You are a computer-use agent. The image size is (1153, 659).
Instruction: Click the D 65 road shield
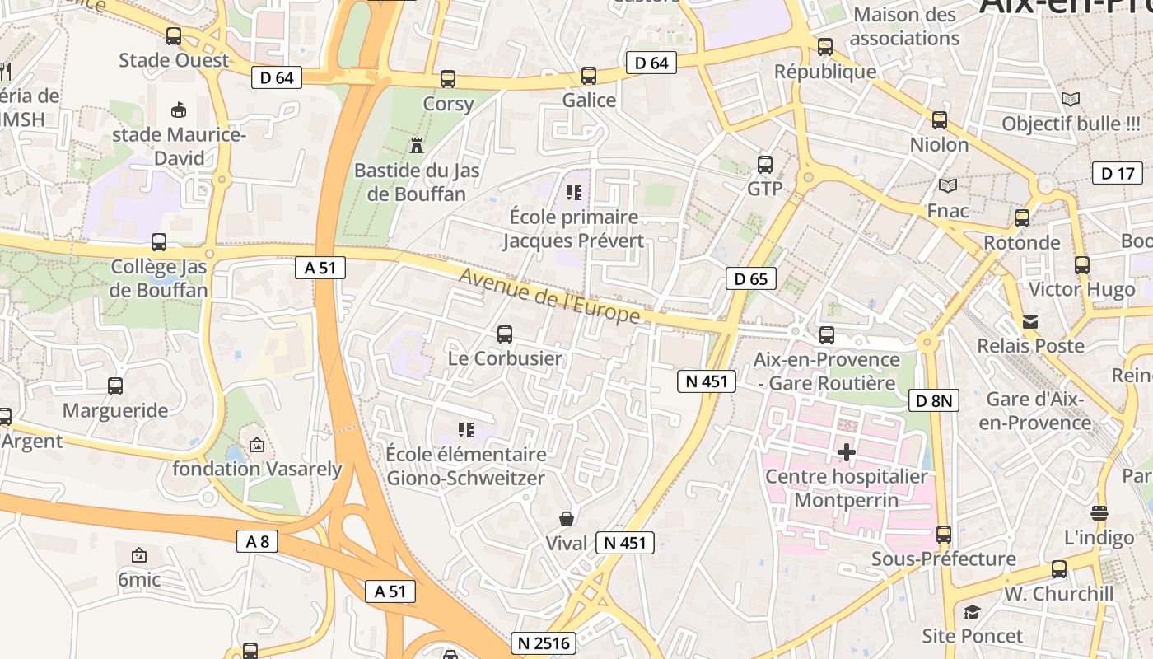750,278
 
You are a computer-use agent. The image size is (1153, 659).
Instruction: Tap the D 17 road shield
1117,173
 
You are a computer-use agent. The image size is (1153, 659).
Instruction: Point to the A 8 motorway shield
257,541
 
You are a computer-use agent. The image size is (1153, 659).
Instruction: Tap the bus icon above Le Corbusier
505,334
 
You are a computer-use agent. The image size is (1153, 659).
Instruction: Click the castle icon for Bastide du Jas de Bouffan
417,146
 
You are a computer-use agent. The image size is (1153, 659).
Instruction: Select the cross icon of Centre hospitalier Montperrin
846,451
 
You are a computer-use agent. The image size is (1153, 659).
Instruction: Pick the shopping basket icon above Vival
567,519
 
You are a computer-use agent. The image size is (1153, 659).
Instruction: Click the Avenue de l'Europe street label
549,297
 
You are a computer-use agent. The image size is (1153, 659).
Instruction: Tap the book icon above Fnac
948,186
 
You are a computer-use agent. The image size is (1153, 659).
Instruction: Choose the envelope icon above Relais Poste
1030,321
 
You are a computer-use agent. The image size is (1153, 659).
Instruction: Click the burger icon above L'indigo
1099,513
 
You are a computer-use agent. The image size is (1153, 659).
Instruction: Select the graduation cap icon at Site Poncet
972,612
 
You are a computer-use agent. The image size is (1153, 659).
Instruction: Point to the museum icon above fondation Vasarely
257,445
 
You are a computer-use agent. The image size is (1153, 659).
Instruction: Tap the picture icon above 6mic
139,555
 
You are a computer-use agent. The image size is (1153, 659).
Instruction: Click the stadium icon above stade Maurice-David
178,110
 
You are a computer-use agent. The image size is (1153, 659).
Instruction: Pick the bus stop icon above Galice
589,76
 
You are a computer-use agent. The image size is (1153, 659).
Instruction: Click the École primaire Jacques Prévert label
573,228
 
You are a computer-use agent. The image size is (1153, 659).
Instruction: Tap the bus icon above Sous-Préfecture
944,535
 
